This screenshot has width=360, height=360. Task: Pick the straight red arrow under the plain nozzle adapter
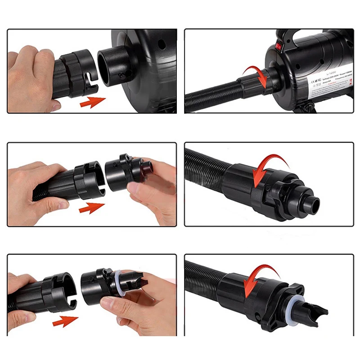92,208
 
